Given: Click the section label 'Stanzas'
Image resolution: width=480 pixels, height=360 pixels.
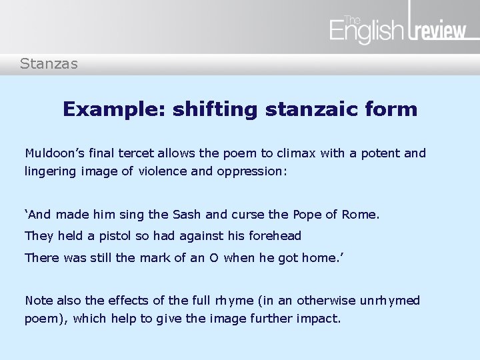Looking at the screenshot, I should click(49, 64).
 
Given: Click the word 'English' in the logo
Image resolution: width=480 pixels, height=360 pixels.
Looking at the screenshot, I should click(366, 31).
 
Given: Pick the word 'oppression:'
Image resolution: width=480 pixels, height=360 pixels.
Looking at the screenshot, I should click(252, 171).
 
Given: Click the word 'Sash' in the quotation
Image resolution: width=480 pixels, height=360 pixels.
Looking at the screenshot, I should click(191, 215).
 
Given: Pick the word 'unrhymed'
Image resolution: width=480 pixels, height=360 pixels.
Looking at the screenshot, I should click(389, 301).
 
